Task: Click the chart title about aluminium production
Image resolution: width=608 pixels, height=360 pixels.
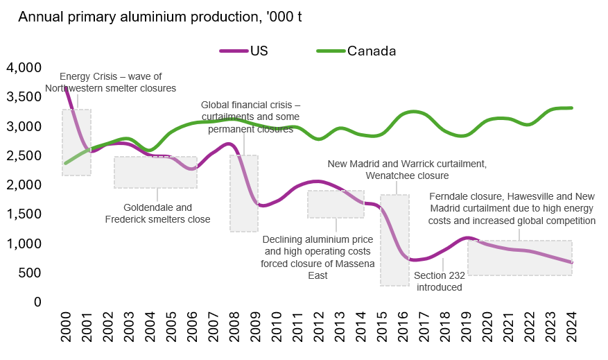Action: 159,17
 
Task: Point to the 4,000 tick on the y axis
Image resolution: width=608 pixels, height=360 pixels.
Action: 24,68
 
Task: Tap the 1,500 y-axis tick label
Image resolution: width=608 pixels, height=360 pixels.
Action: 24,214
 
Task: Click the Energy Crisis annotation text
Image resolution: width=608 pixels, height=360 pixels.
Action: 111,83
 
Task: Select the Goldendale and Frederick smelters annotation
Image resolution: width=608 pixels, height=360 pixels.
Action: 157,213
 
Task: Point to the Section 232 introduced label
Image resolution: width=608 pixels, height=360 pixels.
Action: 439,281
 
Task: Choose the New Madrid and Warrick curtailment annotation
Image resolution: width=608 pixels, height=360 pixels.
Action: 407,170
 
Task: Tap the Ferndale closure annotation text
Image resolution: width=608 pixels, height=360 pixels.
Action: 512,208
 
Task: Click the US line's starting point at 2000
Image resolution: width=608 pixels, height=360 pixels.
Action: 65,88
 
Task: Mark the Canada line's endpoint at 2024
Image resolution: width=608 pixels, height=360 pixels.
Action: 572,108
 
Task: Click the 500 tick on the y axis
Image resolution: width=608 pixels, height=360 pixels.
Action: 30,273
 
